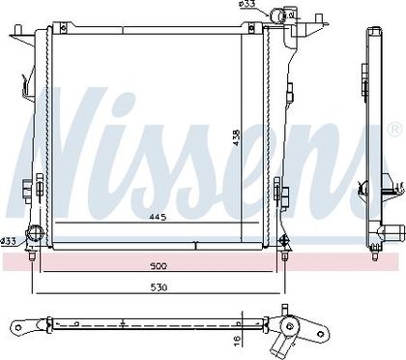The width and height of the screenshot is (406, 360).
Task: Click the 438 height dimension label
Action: click(x=237, y=137)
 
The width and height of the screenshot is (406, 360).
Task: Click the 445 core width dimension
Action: click(x=158, y=217)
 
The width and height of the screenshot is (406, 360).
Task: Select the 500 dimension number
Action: click(x=159, y=266)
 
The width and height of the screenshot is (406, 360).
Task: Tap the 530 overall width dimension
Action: click(x=159, y=287)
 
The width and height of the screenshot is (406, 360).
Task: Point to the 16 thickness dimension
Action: click(x=237, y=340)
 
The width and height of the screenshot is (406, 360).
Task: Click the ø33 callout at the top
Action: click(x=246, y=4)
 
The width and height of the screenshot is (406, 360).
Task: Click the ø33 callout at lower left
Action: click(x=9, y=241)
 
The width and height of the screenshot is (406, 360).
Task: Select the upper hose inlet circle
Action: click(x=276, y=14)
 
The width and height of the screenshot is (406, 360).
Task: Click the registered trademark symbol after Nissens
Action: click(x=394, y=130)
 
